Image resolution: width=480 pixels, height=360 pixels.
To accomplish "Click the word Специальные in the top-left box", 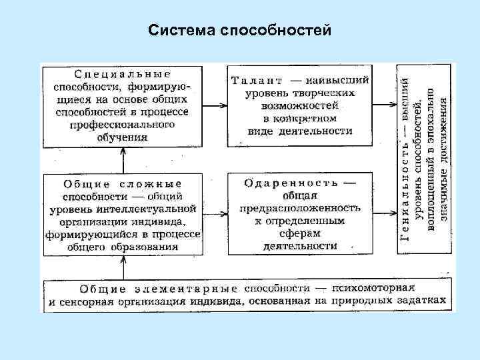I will tap(122, 73).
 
